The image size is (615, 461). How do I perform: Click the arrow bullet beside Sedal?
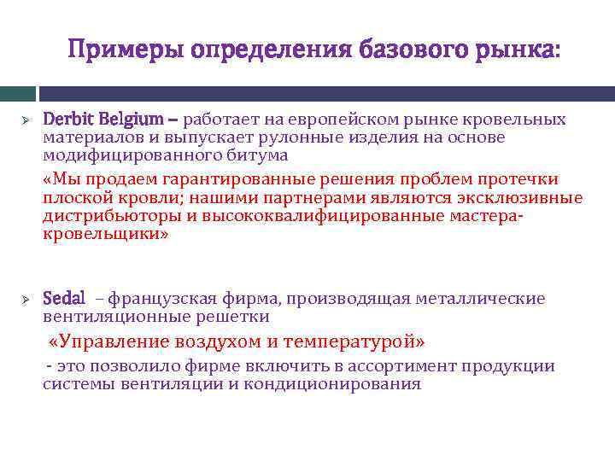[26, 300]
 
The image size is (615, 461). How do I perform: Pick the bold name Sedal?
[64, 299]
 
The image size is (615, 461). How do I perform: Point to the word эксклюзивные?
[526, 197]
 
